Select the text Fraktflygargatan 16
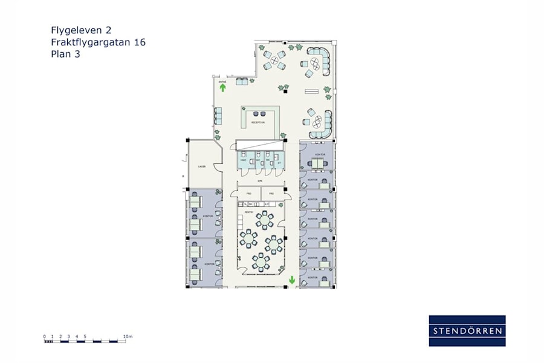[98, 42]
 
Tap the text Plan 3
[66, 54]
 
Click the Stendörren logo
[467, 330]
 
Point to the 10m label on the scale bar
[128, 336]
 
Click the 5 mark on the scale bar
[85, 336]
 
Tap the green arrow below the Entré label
[222, 88]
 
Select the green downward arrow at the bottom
[291, 280]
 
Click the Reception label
[257, 122]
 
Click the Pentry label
[248, 212]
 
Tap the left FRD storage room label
[248, 194]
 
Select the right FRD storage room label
[271, 194]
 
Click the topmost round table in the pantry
[264, 220]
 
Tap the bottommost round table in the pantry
[261, 261]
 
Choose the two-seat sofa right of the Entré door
[242, 81]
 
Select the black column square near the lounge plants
[285, 91]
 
